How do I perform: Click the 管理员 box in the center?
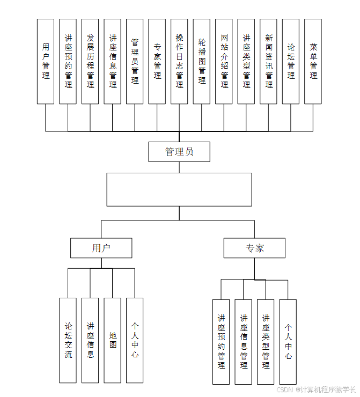pos(179,151)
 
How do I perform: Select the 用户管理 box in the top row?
pos(46,61)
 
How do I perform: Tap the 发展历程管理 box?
pos(90,61)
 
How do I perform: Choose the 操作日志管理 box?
pos(179,61)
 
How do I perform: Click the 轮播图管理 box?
pos(202,61)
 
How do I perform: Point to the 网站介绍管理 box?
pos(224,61)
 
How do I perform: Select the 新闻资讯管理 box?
pos(268,61)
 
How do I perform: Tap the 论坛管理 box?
pos(291,61)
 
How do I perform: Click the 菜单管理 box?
pos(313,61)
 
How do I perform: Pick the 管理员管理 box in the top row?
pos(135,61)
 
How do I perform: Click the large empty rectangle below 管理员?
pos(179,189)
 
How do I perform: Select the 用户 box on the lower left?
pos(101,248)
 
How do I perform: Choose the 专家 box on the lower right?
pos(255,248)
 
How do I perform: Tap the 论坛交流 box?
pos(68,340)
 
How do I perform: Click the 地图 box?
pos(113,340)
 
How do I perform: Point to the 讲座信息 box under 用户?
pos(90,340)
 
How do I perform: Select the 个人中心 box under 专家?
pos(288,342)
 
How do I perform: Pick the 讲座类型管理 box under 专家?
pos(266,342)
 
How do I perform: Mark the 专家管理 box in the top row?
pos(157,61)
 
